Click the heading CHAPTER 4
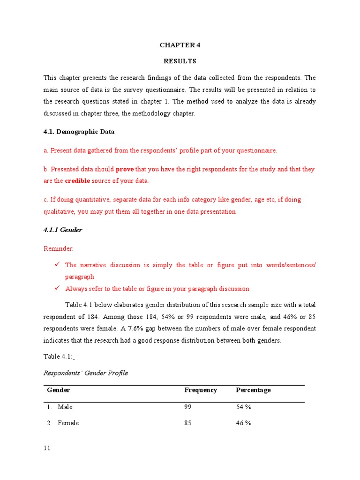180,45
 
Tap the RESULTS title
180,61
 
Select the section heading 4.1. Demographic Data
79,132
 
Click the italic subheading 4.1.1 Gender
63,230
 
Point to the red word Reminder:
59,248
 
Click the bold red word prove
125,169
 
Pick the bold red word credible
77,181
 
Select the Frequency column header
201,390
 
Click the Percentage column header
253,390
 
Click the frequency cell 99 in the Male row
188,407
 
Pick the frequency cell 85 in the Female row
188,423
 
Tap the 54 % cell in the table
244,407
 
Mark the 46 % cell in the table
244,423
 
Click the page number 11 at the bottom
47,448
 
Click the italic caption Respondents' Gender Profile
86,373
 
